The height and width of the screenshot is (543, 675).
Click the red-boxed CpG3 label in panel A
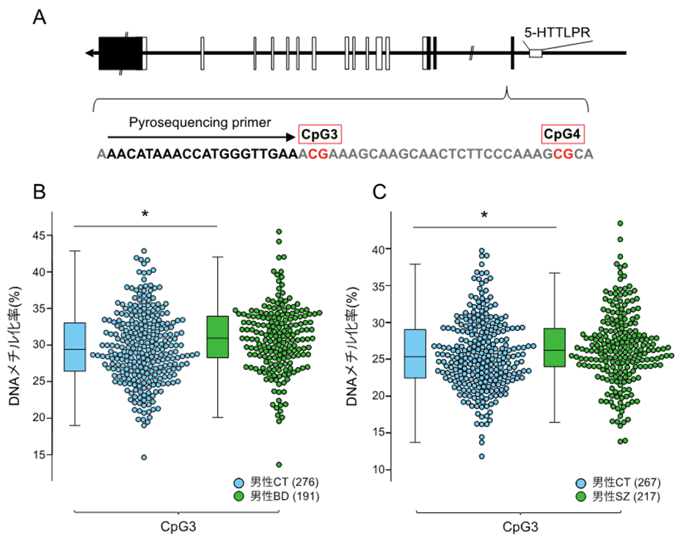coord(321,134)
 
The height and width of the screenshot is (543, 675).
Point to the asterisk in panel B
coord(145,214)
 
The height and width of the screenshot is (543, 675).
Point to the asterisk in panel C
coord(484,216)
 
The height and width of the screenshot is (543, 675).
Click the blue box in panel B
coord(75,346)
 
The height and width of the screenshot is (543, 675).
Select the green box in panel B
coord(217,337)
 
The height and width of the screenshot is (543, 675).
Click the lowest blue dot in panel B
coord(144,457)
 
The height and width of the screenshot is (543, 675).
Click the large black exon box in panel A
coord(120,53)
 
